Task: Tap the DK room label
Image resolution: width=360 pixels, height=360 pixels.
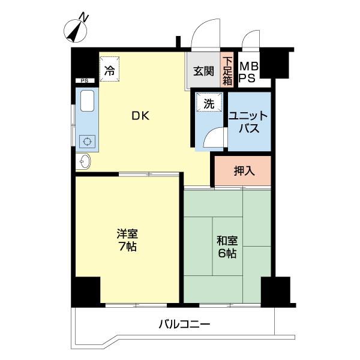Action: click(140, 116)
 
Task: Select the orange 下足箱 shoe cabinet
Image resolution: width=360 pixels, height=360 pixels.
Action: click(227, 70)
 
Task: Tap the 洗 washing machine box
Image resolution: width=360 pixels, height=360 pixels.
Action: click(208, 103)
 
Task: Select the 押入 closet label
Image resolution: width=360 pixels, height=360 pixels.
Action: click(244, 170)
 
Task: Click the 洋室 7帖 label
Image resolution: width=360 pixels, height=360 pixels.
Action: click(127, 239)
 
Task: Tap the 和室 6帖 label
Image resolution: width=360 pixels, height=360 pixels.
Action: click(227, 247)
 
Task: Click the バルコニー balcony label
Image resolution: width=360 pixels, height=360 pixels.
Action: click(184, 325)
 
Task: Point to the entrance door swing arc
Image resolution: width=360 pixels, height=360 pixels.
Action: click(203, 33)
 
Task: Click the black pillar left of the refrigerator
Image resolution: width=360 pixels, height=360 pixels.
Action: click(85, 62)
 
